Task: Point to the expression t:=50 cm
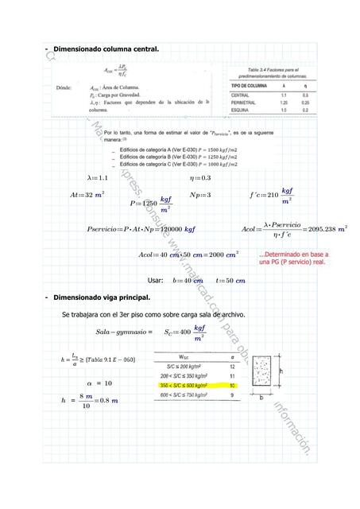[x=230, y=281]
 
